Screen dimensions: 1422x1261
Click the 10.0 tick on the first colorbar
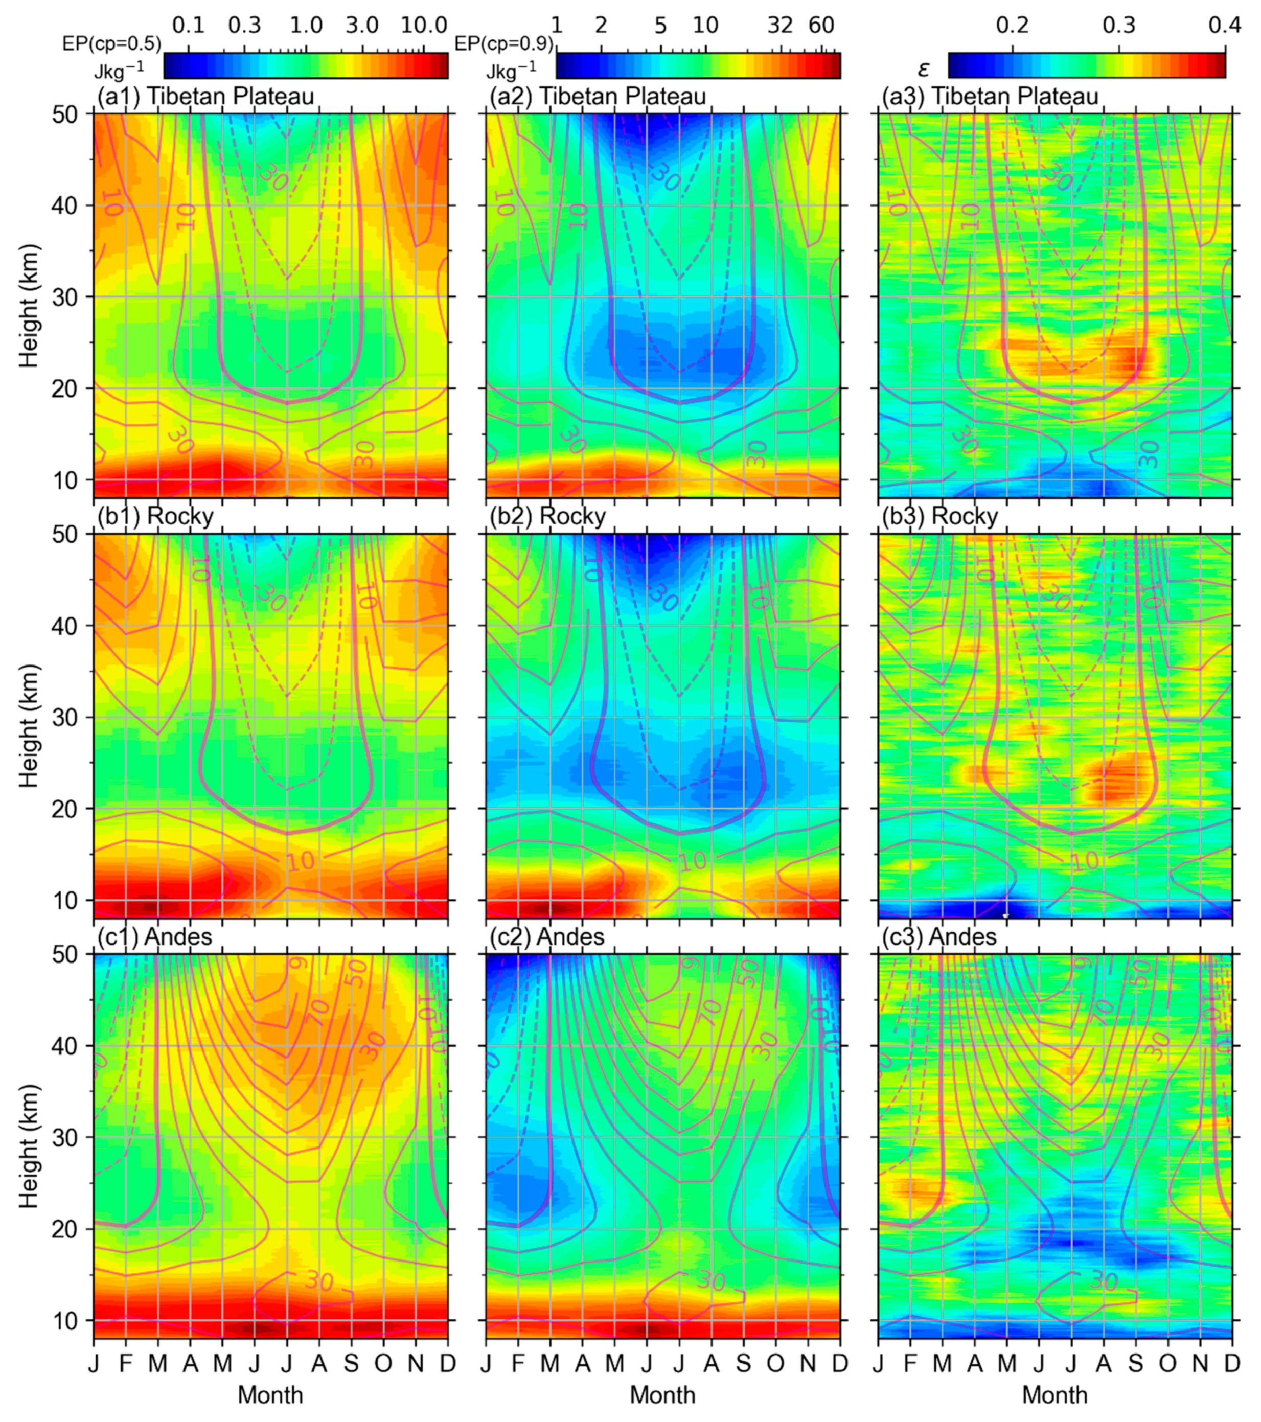click(x=425, y=25)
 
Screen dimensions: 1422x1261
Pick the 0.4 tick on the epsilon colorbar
click(x=1224, y=25)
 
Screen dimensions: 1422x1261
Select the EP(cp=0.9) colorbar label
click(x=503, y=44)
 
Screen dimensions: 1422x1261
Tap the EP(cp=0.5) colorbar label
click(x=112, y=44)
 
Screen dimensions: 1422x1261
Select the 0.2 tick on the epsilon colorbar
click(x=1012, y=25)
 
